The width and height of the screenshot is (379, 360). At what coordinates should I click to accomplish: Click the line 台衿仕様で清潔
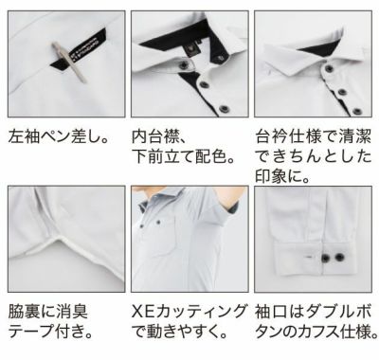click(x=312, y=136)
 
